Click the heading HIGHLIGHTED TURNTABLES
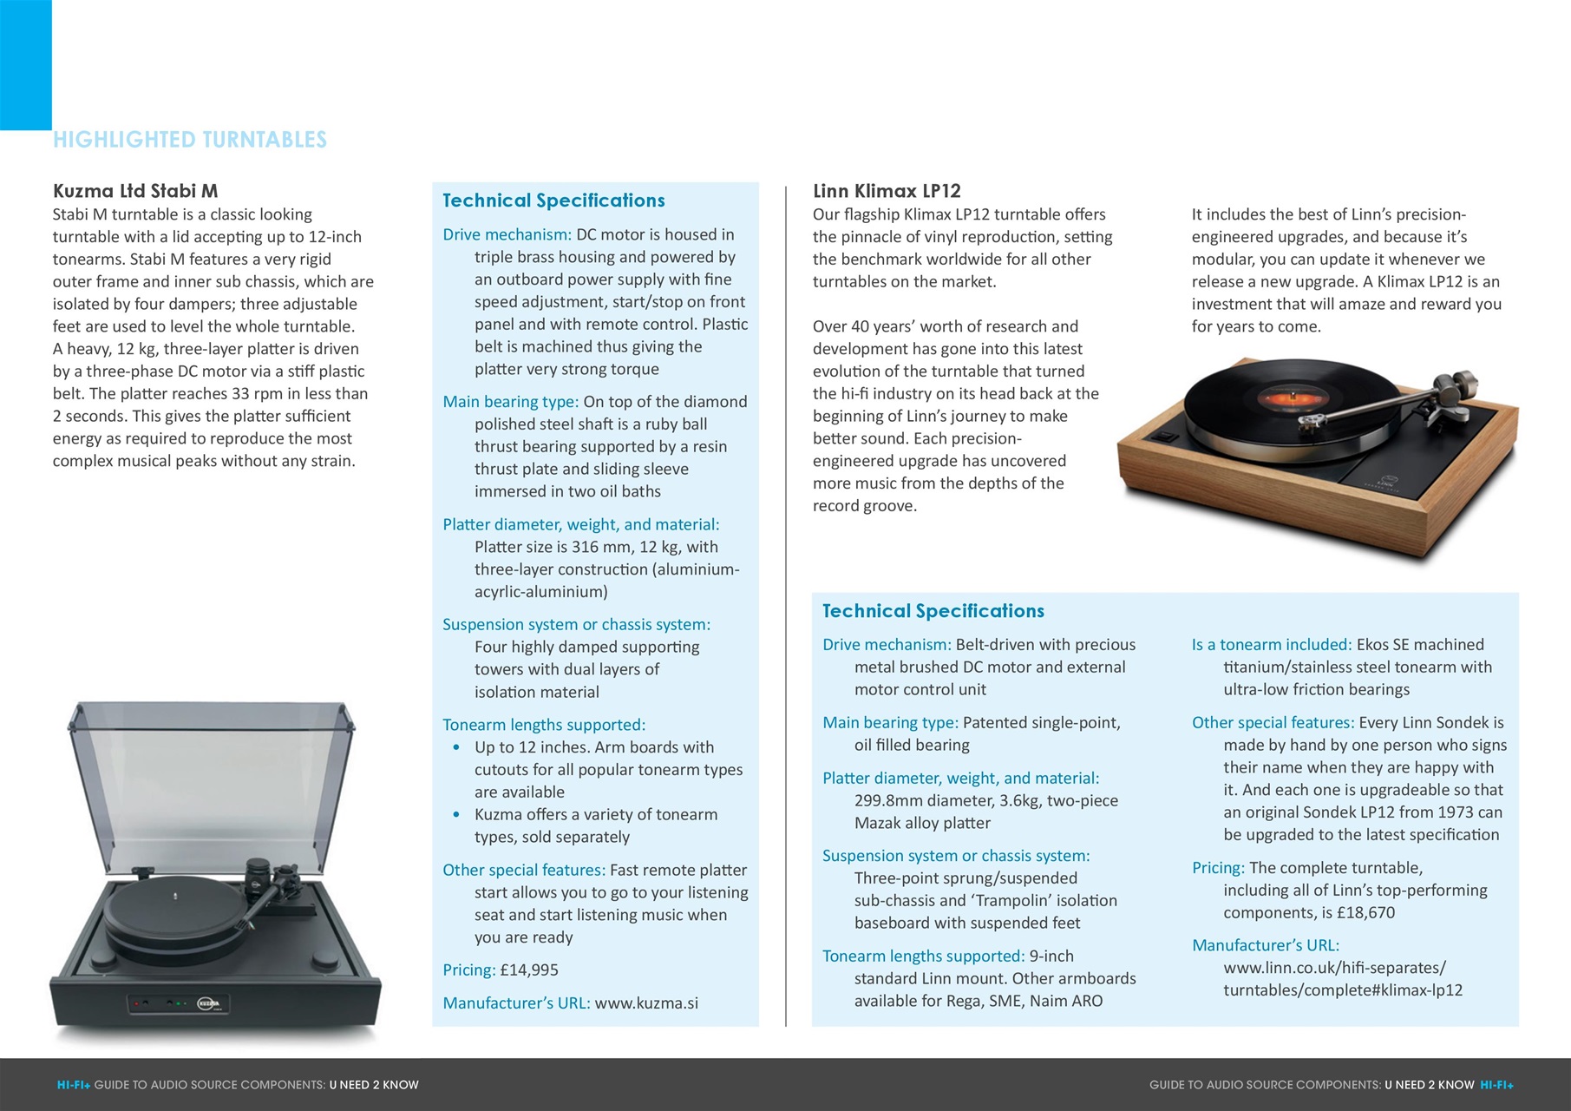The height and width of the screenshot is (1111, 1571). point(190,140)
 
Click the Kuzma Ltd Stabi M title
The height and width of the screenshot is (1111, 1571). point(135,191)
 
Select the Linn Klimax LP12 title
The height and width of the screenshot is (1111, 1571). point(887,191)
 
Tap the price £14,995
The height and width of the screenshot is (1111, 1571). point(529,970)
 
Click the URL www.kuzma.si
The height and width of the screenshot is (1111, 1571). point(646,1003)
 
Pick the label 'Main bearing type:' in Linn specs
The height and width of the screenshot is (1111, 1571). point(890,722)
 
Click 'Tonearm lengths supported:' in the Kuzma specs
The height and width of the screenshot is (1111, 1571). point(544,725)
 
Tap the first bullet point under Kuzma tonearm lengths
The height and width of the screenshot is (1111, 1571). point(457,747)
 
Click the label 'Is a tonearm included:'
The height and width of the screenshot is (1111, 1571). point(1272,644)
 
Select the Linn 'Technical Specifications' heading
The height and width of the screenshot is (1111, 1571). point(933,611)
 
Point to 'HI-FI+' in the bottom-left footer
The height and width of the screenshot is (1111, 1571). point(74,1085)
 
